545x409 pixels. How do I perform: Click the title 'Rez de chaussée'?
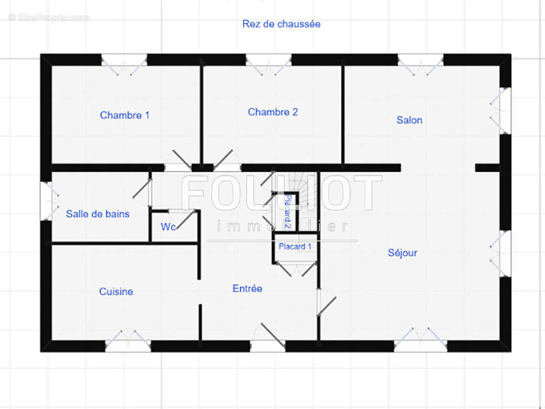tap(281, 24)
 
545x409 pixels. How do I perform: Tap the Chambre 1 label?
tap(124, 115)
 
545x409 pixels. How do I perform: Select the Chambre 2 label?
tap(273, 112)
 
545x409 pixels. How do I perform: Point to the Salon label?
tap(410, 120)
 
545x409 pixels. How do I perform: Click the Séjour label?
tap(402, 253)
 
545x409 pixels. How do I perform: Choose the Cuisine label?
tap(116, 291)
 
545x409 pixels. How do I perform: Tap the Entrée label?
tap(247, 288)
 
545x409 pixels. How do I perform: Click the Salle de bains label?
tap(98, 214)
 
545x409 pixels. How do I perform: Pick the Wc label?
tap(168, 226)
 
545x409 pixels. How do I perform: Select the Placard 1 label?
tap(295, 246)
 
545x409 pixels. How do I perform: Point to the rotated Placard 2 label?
tap(288, 212)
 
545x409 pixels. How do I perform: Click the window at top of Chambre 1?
tap(124, 64)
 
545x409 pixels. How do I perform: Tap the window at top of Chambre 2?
tap(268, 64)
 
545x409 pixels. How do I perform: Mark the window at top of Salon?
tap(421, 64)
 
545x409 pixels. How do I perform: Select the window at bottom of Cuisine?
tap(128, 341)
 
